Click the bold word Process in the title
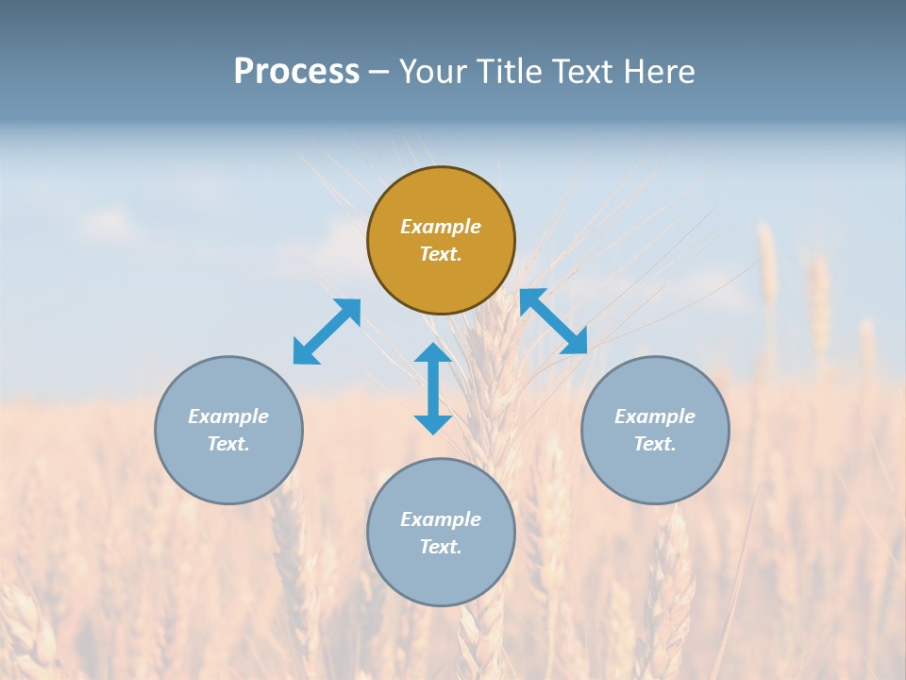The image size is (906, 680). pyautogui.click(x=296, y=72)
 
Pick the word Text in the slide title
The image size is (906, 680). pyautogui.click(x=585, y=72)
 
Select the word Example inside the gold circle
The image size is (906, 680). pyautogui.click(x=441, y=227)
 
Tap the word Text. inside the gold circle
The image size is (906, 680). pyautogui.click(x=441, y=254)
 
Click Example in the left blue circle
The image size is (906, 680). pyautogui.click(x=228, y=416)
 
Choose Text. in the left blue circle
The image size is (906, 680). pyautogui.click(x=228, y=444)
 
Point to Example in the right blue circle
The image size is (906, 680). pyautogui.click(x=655, y=416)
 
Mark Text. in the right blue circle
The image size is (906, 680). pyautogui.click(x=655, y=444)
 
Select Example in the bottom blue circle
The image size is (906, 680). pyautogui.click(x=441, y=519)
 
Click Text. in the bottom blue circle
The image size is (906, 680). pyautogui.click(x=441, y=547)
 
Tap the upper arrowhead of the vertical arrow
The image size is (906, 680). pyautogui.click(x=433, y=353)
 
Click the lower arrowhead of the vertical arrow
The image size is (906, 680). pyautogui.click(x=433, y=424)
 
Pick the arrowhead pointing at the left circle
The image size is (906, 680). pyautogui.click(x=305, y=352)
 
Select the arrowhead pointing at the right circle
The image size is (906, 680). pyautogui.click(x=575, y=343)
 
